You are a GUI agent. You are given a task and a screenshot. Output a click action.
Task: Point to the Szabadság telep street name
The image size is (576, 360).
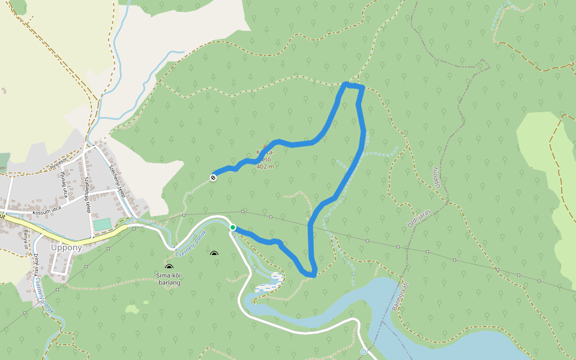88,194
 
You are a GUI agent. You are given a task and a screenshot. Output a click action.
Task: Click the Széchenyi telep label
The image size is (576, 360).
116,182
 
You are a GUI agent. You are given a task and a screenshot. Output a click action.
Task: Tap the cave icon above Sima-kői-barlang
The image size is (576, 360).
169,267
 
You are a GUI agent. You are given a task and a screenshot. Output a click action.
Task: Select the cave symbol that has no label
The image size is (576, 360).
214,254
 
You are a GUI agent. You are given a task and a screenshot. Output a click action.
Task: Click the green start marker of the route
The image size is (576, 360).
233,227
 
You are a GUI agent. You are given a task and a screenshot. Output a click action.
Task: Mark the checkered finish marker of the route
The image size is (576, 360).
213,177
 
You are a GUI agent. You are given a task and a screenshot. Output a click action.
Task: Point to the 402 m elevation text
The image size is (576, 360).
265,167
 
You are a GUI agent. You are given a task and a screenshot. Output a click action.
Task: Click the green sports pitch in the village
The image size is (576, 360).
102,224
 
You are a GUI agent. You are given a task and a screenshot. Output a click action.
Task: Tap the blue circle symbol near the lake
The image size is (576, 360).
364,351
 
